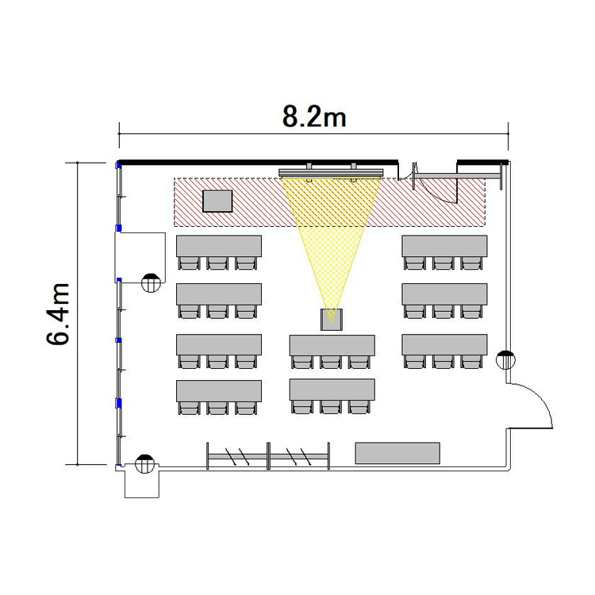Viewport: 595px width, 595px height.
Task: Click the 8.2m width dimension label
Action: (x=314, y=117)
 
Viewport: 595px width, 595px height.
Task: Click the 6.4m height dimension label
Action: (x=59, y=313)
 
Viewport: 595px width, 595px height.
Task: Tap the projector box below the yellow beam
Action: (x=332, y=320)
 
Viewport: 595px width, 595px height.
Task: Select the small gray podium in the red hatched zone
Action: (x=217, y=202)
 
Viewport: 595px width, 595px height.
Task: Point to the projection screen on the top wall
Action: (x=332, y=173)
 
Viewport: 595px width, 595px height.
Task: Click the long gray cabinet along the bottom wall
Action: (x=397, y=453)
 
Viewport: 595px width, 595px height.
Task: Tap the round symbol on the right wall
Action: (x=506, y=359)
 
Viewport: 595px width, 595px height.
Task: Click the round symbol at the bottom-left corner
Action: (x=145, y=464)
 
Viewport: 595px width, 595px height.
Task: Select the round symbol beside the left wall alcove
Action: (x=151, y=282)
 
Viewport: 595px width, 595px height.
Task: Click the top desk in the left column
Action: (x=219, y=246)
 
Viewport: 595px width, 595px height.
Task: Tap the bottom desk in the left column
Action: (x=219, y=391)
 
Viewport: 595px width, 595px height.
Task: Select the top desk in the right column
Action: (x=445, y=246)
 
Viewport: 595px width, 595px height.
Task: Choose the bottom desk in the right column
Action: (x=445, y=345)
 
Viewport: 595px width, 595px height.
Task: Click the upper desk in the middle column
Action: (x=332, y=345)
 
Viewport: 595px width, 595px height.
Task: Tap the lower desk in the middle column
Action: (x=332, y=390)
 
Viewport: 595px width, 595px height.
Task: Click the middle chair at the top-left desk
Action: (x=217, y=263)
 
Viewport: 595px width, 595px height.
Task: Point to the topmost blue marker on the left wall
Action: (x=118, y=165)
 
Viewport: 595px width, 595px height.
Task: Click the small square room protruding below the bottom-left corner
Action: (x=142, y=484)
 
